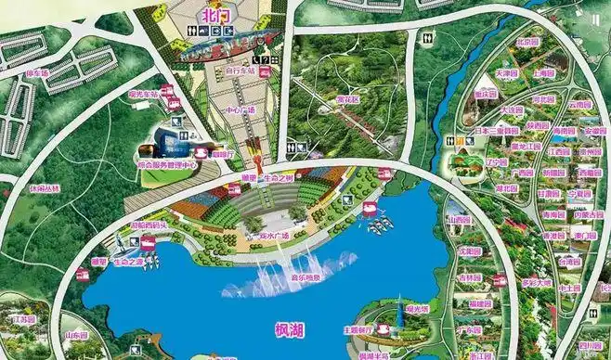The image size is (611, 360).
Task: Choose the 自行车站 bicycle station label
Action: (240, 70)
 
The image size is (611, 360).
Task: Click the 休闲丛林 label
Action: (43, 187)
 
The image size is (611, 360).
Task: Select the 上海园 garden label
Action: (544, 71)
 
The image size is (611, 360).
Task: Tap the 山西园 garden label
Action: (458, 221)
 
